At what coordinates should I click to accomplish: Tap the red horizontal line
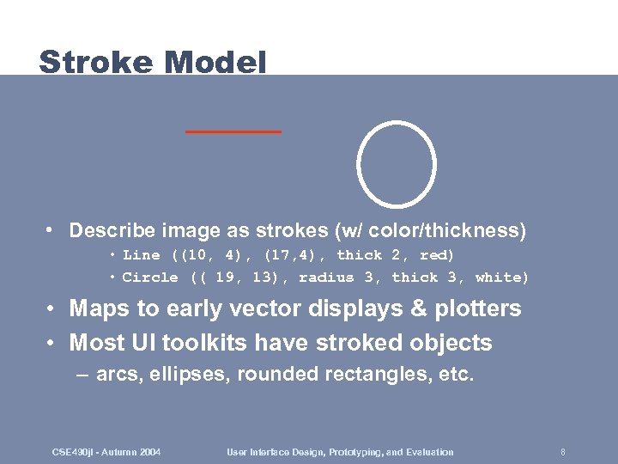[x=233, y=131]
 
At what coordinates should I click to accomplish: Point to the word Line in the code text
[x=141, y=255]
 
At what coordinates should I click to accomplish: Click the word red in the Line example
[x=436, y=255]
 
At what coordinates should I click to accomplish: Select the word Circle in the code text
[x=150, y=278]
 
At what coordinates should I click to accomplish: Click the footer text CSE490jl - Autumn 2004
[x=106, y=452]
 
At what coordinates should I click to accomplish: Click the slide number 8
[x=562, y=452]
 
